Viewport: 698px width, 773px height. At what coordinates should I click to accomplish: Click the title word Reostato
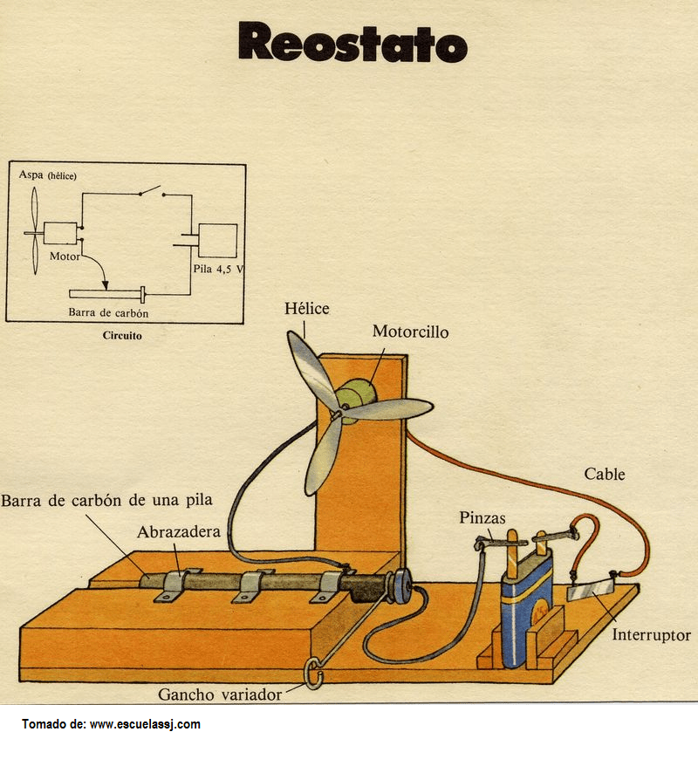point(352,42)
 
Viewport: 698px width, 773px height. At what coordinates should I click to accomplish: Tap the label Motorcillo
point(410,332)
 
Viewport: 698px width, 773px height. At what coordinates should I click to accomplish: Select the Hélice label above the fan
point(307,309)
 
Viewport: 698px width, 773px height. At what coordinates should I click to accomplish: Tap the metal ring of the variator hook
point(315,673)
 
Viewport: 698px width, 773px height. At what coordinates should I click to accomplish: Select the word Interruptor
point(651,635)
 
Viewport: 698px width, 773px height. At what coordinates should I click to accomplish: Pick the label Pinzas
point(482,518)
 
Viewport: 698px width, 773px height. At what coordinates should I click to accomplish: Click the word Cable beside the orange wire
point(604,475)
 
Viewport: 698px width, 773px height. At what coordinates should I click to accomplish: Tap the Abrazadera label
point(178,532)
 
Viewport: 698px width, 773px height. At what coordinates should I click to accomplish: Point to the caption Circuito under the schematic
point(122,334)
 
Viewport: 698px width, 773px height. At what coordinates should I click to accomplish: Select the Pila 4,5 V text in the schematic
point(217,270)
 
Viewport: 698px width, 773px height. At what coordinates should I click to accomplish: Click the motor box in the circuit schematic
point(60,234)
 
